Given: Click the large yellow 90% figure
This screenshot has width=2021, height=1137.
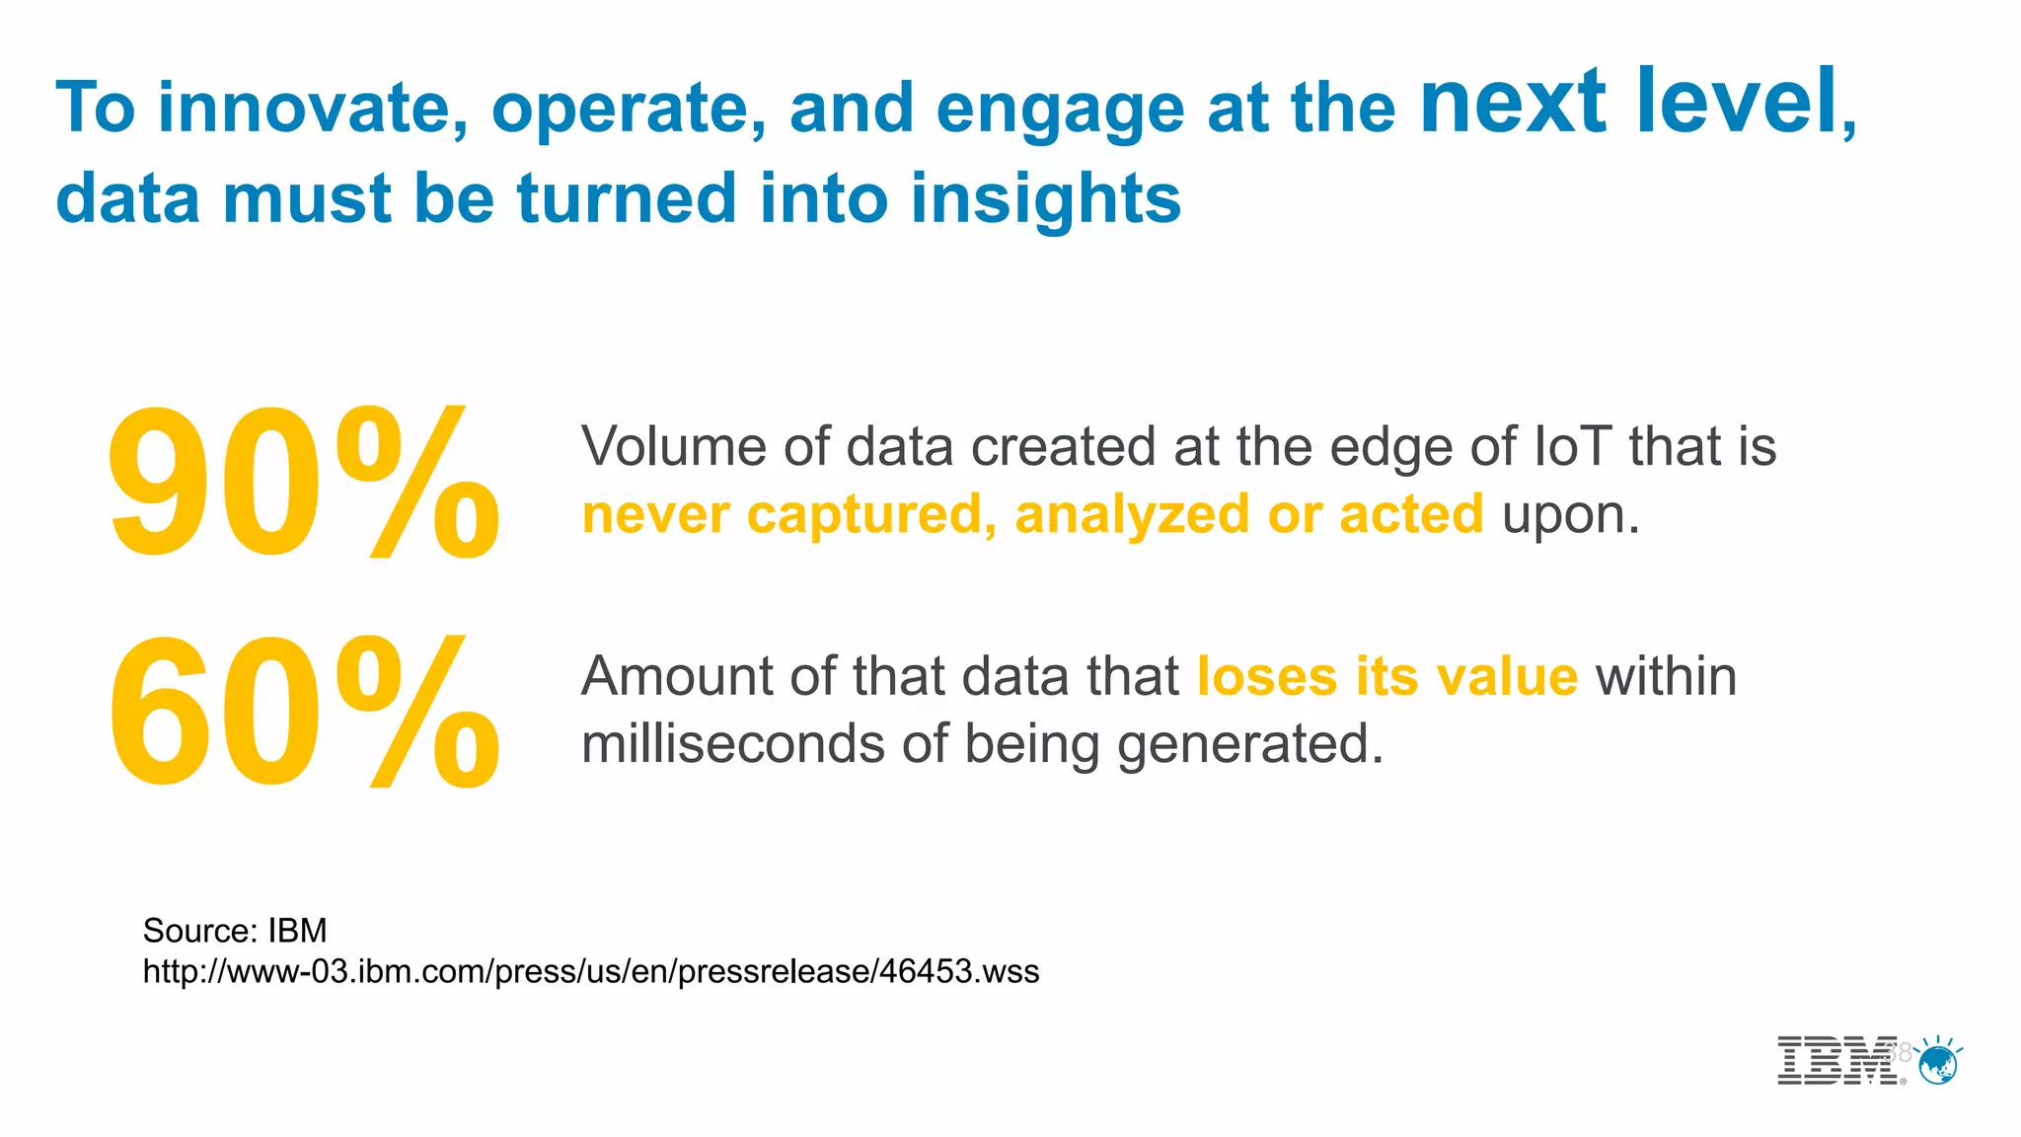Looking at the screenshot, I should tap(302, 484).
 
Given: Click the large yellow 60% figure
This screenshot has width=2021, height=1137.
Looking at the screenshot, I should tap(302, 713).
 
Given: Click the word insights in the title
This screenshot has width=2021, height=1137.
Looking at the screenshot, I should tap(1045, 197).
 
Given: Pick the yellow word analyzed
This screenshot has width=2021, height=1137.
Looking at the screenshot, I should tap(1132, 515).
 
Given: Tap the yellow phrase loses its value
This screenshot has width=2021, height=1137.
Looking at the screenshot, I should tap(1386, 677).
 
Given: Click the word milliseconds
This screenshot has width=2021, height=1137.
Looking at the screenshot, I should tap(732, 744).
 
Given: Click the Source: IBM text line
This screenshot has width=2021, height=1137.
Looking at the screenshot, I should tap(235, 931).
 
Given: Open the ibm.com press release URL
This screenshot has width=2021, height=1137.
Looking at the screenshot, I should tap(590, 972).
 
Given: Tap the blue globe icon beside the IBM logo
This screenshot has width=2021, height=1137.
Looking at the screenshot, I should tap(1939, 1064).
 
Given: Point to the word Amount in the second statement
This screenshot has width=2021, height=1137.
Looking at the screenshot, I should tap(676, 677).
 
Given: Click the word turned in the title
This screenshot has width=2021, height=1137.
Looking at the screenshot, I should tap(627, 197).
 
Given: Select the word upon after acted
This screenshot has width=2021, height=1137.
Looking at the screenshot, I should tap(1569, 515).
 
